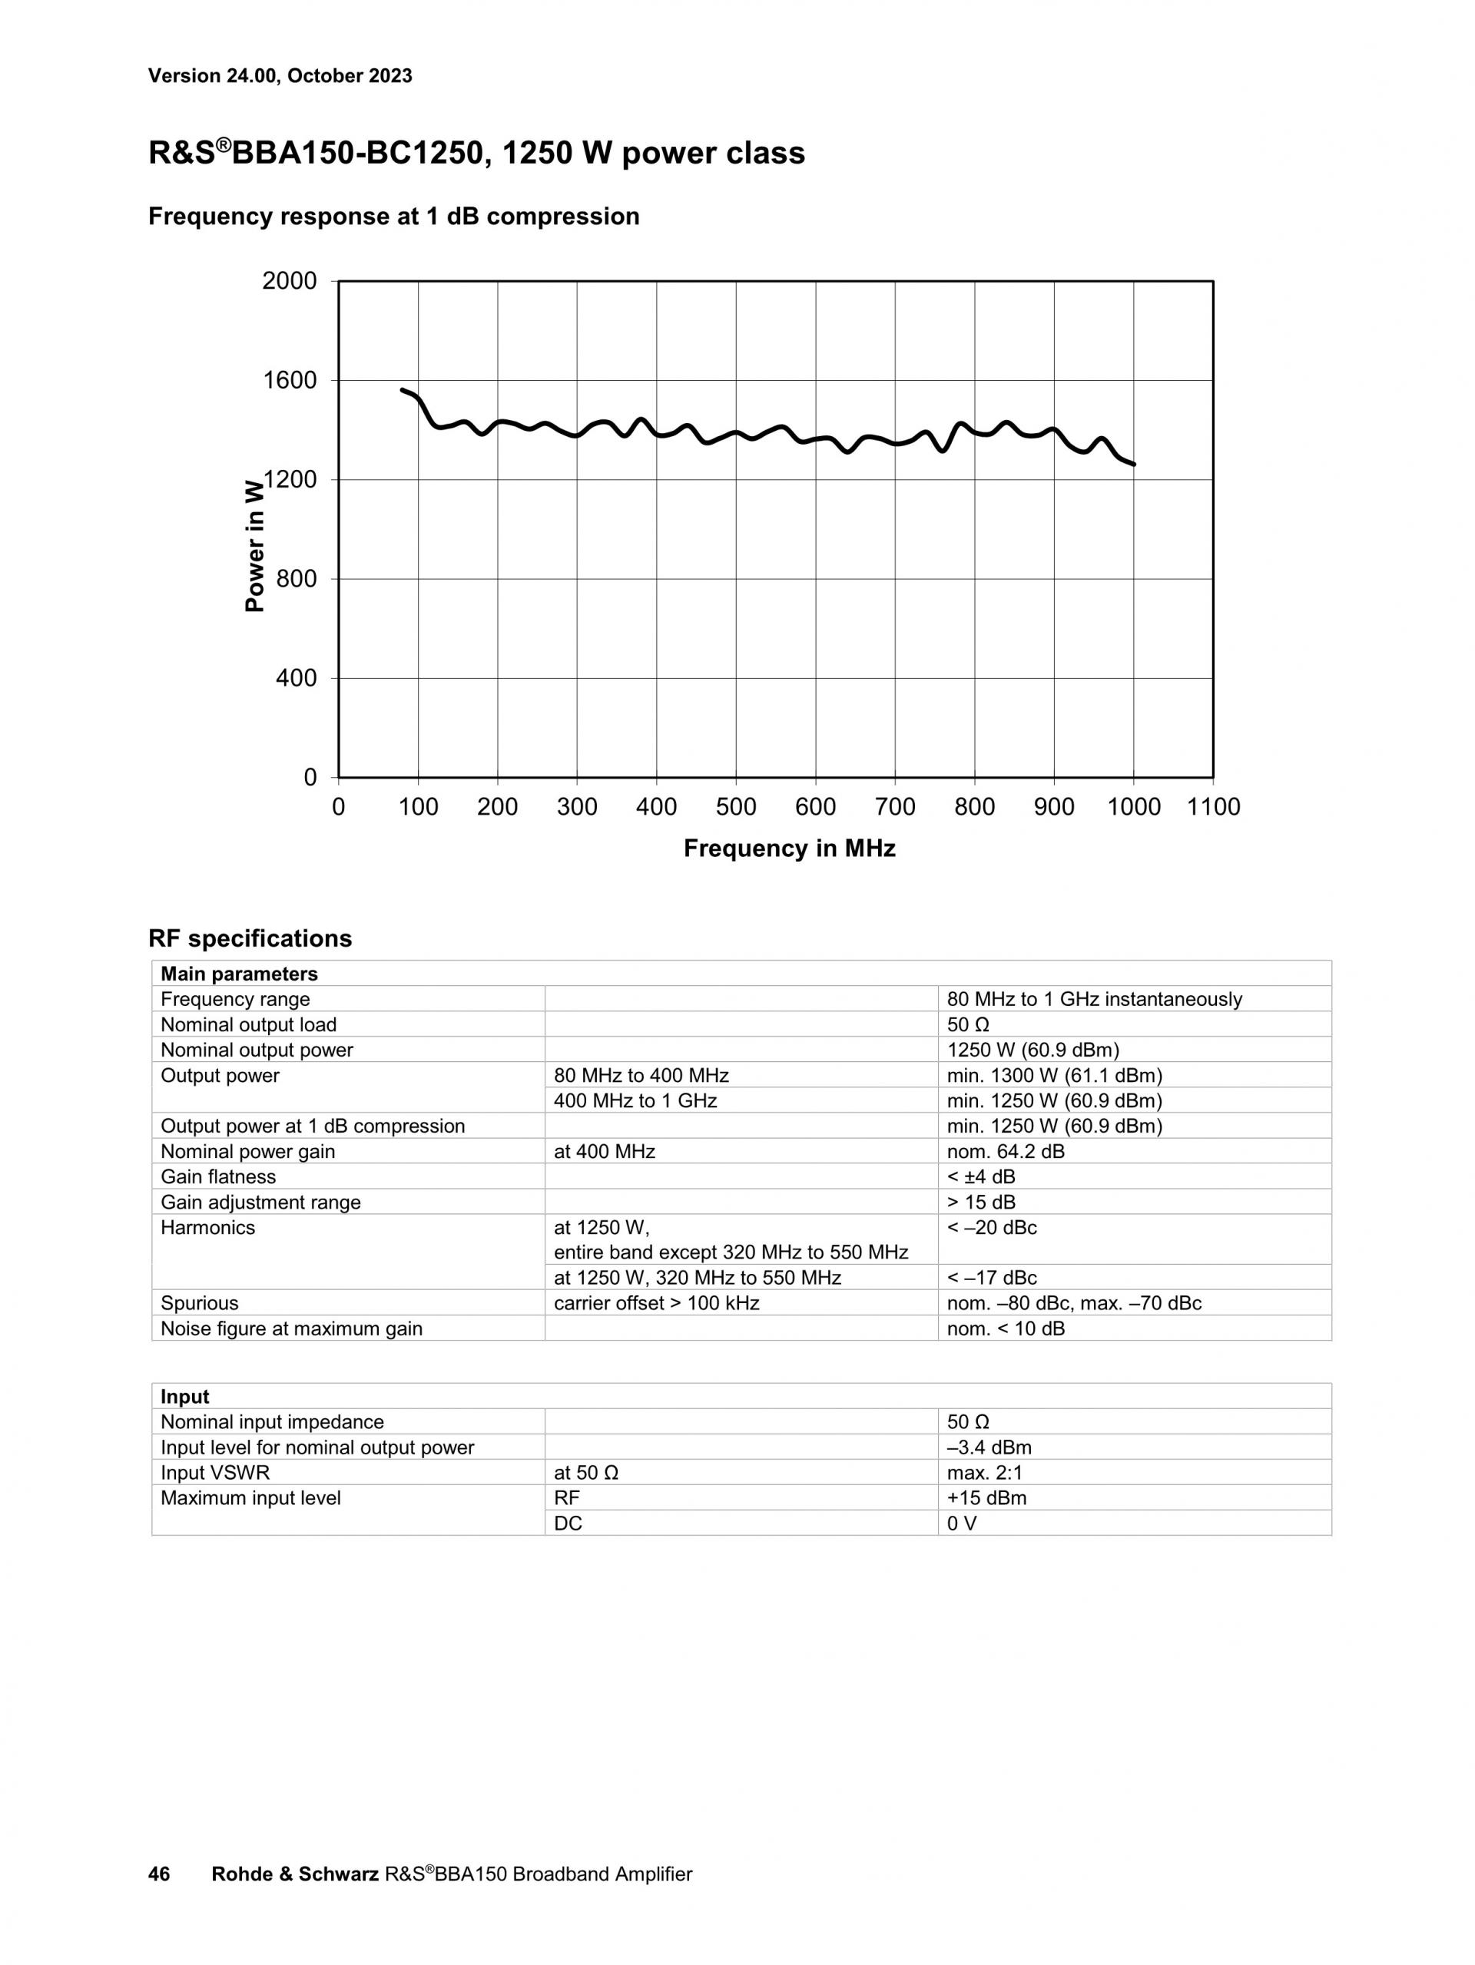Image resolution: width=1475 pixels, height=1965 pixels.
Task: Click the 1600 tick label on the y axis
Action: pyautogui.click(x=290, y=381)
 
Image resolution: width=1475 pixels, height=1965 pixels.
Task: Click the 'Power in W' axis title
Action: pyautogui.click(x=255, y=544)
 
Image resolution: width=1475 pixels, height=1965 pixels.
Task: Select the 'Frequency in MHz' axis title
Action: pyautogui.click(x=789, y=849)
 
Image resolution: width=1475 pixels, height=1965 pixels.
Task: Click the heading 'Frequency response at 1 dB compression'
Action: pyautogui.click(x=393, y=217)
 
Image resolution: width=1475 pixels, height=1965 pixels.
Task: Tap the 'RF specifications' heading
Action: pyautogui.click(x=250, y=939)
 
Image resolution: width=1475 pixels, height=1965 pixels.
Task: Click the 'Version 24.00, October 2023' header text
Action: pyautogui.click(x=280, y=76)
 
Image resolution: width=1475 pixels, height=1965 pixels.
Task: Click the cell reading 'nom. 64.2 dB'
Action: pyautogui.click(x=1006, y=1152)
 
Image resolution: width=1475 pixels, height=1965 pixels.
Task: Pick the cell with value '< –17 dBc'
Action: pyautogui.click(x=992, y=1279)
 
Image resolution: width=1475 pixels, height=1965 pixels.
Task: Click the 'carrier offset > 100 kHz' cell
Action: pyautogui.click(x=657, y=1304)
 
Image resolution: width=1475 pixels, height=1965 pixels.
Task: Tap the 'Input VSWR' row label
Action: pyautogui.click(x=215, y=1473)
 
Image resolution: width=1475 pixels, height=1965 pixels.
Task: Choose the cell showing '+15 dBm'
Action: pyautogui.click(x=986, y=1499)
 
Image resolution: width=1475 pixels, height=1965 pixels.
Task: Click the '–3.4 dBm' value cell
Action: pyautogui.click(x=989, y=1448)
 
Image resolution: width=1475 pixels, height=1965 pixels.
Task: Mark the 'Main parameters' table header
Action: pyautogui.click(x=239, y=974)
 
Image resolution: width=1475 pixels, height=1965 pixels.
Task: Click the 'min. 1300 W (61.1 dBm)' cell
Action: pyautogui.click(x=1055, y=1077)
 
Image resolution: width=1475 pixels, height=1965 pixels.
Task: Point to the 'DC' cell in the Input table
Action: pyautogui.click(x=568, y=1523)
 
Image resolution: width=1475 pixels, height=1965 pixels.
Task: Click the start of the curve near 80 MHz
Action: pyautogui.click(x=403, y=390)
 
